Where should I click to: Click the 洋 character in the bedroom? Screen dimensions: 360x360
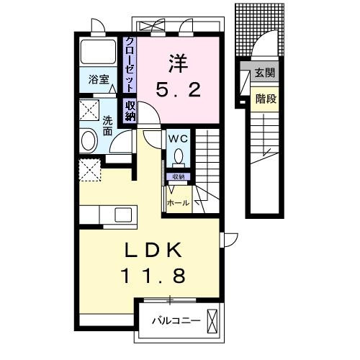[177, 63]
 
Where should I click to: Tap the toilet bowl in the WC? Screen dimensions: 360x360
[178, 156]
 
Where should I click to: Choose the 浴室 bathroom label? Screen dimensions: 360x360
[99, 80]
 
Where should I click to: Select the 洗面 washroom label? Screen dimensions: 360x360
[107, 127]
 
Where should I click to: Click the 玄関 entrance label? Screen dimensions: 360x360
[264, 73]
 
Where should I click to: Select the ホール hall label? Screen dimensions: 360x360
[178, 203]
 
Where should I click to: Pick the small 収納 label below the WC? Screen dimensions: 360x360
[178, 176]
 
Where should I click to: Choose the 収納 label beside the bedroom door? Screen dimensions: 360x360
[130, 112]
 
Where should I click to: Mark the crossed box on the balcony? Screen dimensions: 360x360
[212, 318]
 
